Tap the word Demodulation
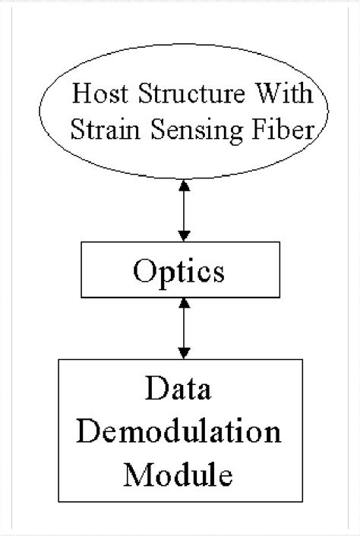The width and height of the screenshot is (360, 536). tap(181, 434)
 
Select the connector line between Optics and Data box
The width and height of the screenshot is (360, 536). tap(182, 328)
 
